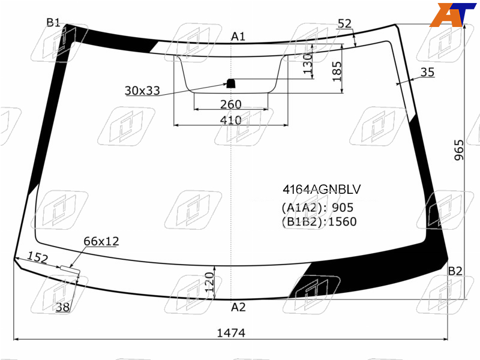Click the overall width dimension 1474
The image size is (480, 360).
[231, 333]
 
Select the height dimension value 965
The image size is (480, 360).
[459, 150]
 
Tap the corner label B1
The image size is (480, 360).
[53, 22]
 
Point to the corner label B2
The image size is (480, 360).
[455, 271]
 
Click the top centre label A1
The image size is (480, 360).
[238, 37]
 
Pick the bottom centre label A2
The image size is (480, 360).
[238, 307]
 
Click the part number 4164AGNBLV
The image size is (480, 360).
[322, 190]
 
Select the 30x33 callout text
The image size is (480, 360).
[142, 91]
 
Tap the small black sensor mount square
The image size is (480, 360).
[230, 83]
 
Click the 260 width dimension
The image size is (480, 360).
[231, 104]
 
